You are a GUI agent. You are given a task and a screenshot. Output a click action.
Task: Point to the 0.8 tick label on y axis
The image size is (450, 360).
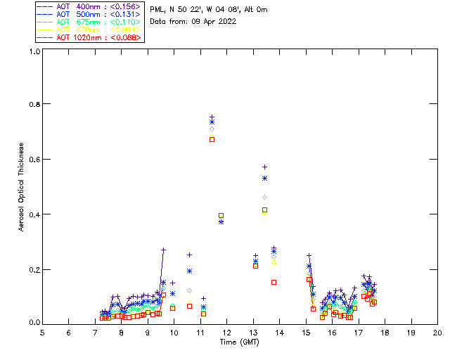pos(34,104)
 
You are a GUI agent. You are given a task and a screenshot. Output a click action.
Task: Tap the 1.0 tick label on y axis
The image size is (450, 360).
pos(34,51)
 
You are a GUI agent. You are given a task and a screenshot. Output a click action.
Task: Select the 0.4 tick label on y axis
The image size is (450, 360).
pos(34,214)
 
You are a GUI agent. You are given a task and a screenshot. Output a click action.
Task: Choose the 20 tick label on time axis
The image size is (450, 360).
pos(437,332)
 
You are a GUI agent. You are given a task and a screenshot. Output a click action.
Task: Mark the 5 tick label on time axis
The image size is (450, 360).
pos(42,332)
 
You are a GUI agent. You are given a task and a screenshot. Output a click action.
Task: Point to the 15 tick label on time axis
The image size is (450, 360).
pos(306,332)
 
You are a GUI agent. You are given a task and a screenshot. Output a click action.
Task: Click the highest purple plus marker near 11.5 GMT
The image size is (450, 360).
pos(212,117)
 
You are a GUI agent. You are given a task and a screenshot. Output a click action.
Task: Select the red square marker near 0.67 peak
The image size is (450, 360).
pos(212,139)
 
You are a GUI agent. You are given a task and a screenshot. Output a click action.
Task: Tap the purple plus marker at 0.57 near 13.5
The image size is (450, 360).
pos(264,167)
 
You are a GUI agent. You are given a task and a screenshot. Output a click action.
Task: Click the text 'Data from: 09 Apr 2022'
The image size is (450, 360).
pos(193,21)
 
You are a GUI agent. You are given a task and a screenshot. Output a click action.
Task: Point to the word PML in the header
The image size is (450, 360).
pos(157,10)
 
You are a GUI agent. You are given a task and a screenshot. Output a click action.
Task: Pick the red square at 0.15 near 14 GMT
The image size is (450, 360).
pos(274,282)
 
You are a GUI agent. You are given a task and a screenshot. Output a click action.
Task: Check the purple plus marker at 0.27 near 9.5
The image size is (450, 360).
pos(163,250)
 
